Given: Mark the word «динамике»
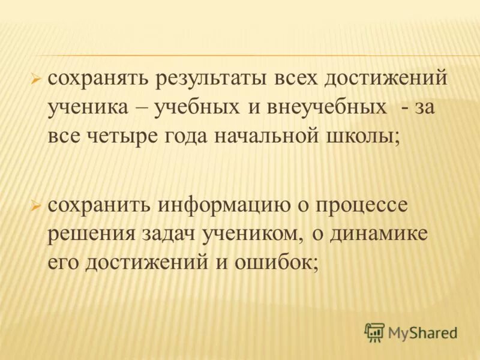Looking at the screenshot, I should tap(379, 233).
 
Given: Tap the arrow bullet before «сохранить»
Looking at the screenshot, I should tap(35, 205).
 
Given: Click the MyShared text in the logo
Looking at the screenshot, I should tap(422, 332).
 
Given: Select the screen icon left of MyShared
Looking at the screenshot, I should tap(374, 331).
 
